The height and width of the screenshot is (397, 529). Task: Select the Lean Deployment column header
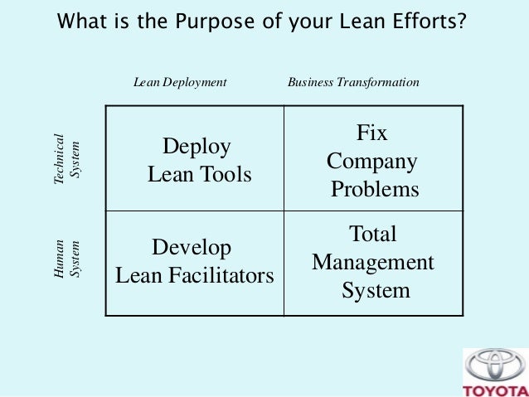[x=180, y=83]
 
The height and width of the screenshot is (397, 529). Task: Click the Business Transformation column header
[x=352, y=83]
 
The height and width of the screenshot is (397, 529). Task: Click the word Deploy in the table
[x=197, y=148]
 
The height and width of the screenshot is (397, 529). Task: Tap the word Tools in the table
[x=224, y=175]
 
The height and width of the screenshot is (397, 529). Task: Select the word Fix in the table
[x=372, y=133]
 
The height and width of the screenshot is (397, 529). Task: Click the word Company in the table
[x=372, y=161]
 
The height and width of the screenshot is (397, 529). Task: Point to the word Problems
[x=375, y=189]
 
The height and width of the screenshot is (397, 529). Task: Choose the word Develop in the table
[x=192, y=248]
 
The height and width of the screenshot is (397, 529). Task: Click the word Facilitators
[x=224, y=275]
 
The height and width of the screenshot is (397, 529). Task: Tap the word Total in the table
[x=372, y=235]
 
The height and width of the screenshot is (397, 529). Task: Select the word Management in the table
[x=373, y=263]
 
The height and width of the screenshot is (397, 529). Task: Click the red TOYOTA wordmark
[x=496, y=390]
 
